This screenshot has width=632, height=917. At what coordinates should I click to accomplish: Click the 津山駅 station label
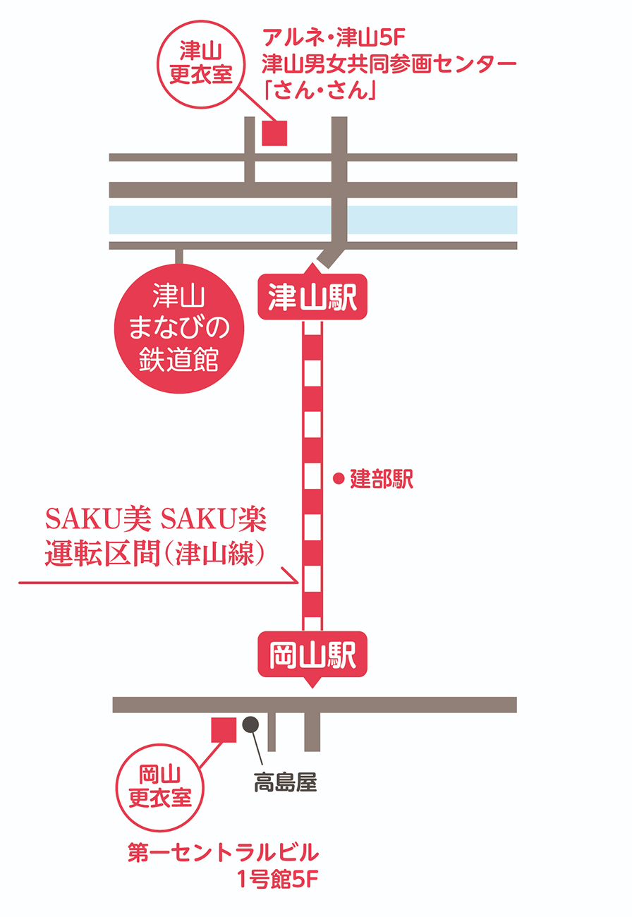tap(312, 296)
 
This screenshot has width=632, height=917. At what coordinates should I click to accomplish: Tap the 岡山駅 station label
tap(312, 654)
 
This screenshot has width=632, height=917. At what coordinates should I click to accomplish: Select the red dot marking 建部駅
tap(339, 479)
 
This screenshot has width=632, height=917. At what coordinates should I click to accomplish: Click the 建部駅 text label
tap(382, 480)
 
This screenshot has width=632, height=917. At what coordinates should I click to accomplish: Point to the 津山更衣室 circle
tap(202, 63)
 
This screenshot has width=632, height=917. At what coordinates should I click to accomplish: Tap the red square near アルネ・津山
tap(274, 133)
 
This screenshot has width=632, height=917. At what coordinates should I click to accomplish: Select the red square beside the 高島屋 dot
tap(224, 729)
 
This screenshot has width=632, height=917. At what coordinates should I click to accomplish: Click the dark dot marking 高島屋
tap(250, 724)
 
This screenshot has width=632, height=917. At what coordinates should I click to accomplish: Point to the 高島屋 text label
tap(286, 782)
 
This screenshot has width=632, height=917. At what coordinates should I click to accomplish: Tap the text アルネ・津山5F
tap(331, 36)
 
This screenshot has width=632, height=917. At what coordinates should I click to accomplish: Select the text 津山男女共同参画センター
tap(389, 64)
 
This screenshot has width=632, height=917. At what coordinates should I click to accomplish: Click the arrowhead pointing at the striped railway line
tap(292, 576)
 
